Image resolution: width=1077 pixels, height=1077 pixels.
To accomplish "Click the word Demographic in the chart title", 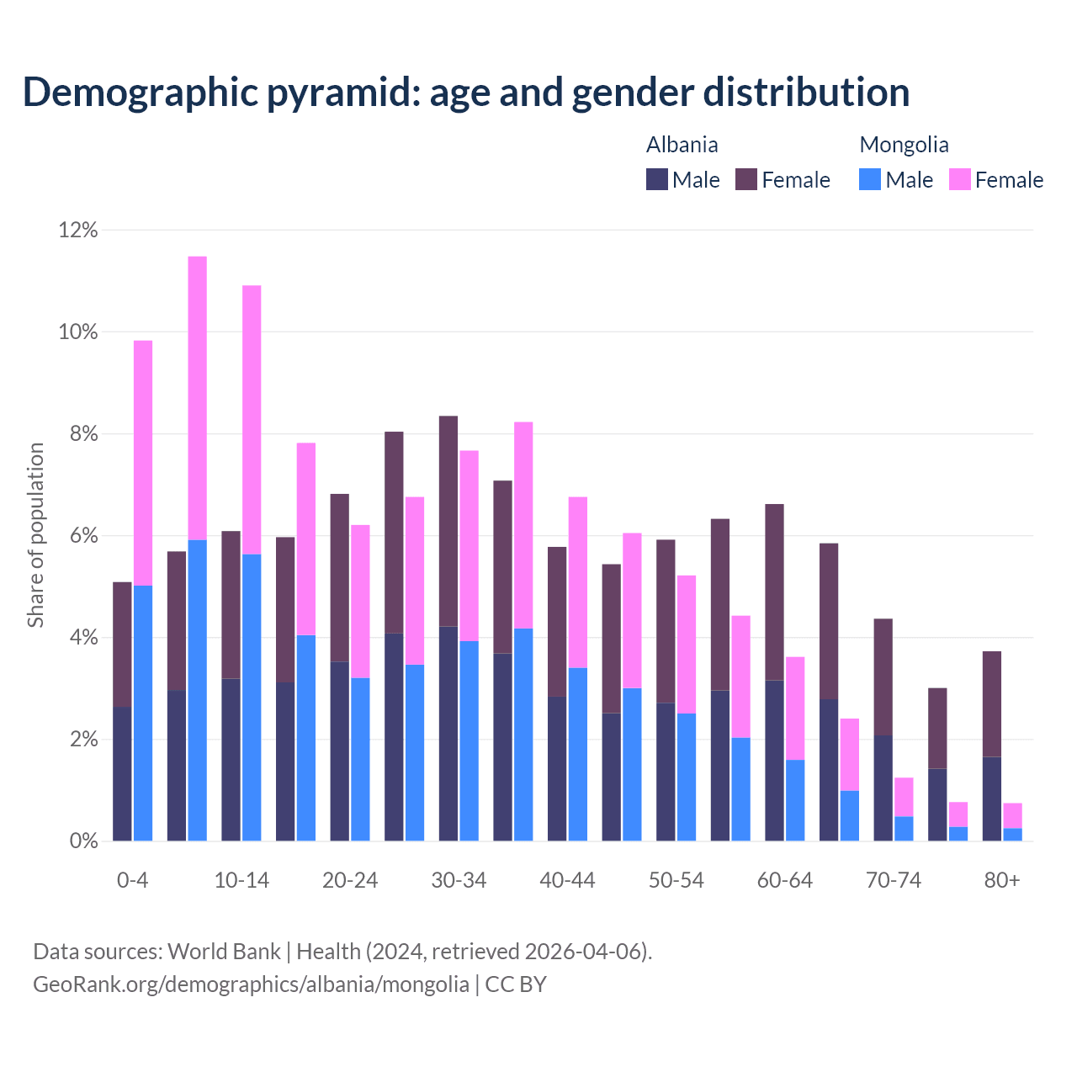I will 140,92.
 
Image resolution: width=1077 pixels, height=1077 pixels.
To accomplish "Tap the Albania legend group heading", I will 682,145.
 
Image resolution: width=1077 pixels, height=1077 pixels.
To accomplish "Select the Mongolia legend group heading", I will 904,145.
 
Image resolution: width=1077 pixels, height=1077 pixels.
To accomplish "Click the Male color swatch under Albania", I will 657,179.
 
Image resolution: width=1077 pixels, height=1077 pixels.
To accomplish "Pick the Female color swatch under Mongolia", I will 960,179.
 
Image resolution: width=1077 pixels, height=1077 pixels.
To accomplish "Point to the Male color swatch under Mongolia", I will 870,179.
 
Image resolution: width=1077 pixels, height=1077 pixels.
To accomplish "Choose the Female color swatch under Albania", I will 746,179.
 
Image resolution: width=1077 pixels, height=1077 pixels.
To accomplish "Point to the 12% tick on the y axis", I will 78,231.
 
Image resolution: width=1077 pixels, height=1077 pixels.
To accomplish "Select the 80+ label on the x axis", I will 1001,881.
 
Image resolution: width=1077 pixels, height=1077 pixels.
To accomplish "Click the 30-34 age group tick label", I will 459,881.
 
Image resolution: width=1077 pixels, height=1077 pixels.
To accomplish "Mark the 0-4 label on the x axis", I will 132,881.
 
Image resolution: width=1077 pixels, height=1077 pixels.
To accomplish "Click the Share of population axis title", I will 36,535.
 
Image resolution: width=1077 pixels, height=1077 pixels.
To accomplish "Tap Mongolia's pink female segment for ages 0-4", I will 143,463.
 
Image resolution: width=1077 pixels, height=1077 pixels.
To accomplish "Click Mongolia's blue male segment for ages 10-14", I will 252,698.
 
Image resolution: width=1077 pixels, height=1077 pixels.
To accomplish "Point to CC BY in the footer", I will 516,984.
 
